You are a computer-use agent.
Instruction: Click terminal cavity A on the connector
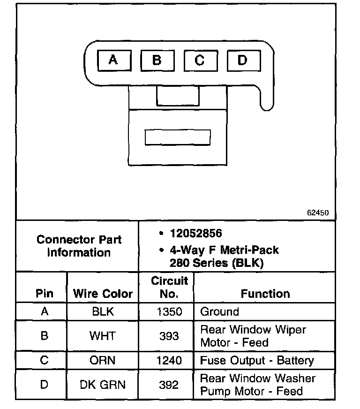point(113,60)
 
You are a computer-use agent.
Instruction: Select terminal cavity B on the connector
point(157,60)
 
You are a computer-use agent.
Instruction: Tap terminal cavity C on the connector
point(200,61)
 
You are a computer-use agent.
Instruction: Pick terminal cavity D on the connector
point(242,60)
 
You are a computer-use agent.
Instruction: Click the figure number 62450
point(318,212)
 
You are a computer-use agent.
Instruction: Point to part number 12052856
point(196,234)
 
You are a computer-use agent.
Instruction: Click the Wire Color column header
point(103,294)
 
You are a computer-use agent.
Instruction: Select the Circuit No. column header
point(169,287)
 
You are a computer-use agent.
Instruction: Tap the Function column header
point(265,294)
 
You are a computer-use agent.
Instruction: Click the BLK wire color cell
point(103,312)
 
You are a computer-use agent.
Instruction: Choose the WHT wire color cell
point(103,336)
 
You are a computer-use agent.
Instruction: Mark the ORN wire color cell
point(103,361)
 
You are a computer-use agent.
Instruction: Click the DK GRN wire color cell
point(103,385)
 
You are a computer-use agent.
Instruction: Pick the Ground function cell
point(219,312)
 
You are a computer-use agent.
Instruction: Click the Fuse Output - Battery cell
point(257,361)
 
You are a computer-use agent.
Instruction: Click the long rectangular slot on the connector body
point(178,137)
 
